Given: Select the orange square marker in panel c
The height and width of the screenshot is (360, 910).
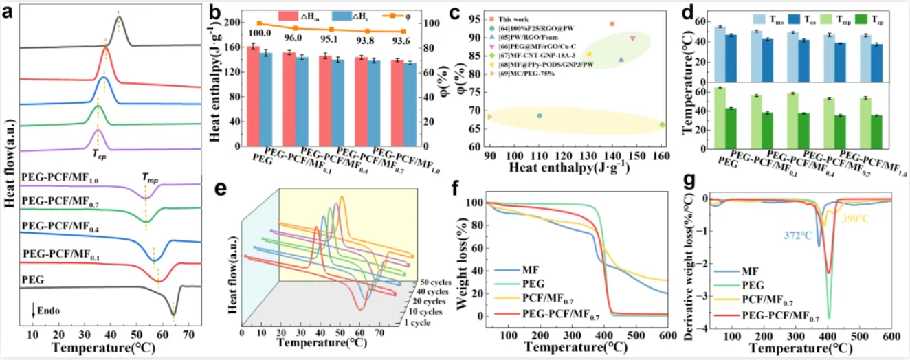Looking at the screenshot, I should tap(612, 24).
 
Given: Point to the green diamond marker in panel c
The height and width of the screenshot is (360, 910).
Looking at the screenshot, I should tap(662, 124).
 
